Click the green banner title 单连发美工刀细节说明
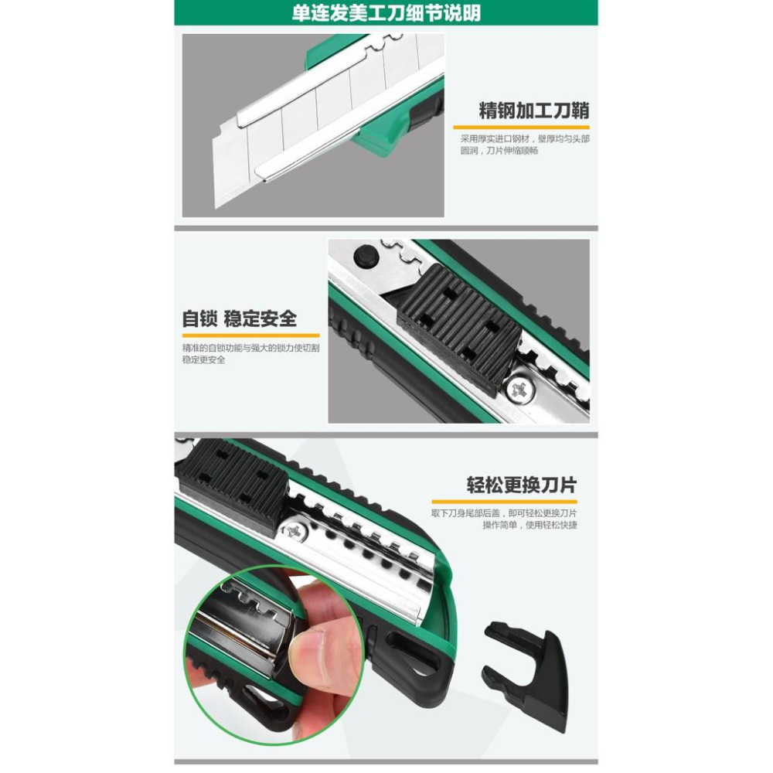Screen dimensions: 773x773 tap(386, 13)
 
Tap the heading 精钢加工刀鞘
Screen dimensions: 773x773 tap(533, 110)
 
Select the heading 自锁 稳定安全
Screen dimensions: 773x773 tap(239, 318)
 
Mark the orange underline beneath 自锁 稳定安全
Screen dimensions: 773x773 tap(240, 335)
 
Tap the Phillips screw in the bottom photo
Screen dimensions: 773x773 tap(295, 530)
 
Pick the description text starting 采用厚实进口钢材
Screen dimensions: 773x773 tap(525, 145)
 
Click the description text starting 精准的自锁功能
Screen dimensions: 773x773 tap(250, 354)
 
